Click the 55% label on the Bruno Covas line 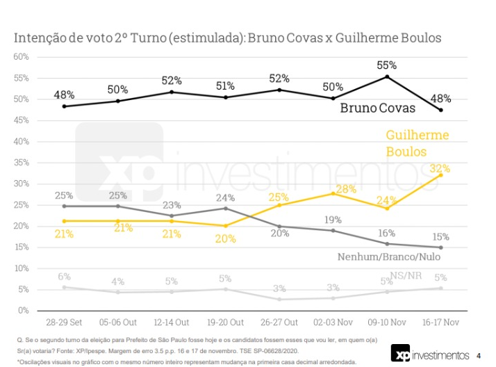click(387, 65)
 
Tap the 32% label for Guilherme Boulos click(440, 168)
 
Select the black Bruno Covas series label click(377, 108)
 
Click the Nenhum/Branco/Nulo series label click(389, 256)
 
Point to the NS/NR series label click(406, 276)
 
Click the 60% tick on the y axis click(20, 56)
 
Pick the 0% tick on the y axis click(22, 310)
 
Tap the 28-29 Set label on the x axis click(64, 323)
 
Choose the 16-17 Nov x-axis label click(440, 323)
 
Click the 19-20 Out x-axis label click(226, 323)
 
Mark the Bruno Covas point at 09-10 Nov click(387, 76)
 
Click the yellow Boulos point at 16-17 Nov click(441, 175)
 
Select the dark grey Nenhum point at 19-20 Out click(226, 209)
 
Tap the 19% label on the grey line click(333, 220)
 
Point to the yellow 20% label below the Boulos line click(226, 238)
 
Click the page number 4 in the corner click(479, 355)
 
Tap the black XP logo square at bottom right click(399, 354)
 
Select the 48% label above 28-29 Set click(65, 95)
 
